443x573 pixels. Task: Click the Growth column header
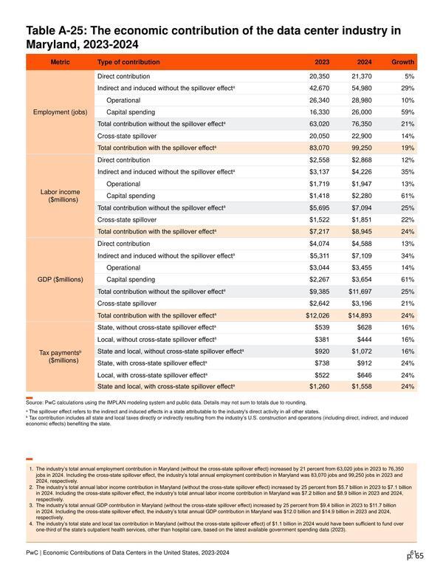(403, 62)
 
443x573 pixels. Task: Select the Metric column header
(60, 62)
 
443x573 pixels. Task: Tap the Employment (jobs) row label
(61, 112)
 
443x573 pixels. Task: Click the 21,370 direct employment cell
(362, 76)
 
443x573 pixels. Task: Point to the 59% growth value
(408, 112)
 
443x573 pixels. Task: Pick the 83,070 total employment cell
(319, 148)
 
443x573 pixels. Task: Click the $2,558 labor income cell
(319, 160)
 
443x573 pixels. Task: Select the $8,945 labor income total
(362, 232)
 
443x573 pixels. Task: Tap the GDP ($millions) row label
(61, 280)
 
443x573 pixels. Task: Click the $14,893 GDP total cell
(360, 315)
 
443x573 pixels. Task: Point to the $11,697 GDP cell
(360, 292)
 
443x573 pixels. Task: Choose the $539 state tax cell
(322, 327)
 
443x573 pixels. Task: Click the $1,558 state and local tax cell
(362, 387)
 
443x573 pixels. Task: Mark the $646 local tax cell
(365, 375)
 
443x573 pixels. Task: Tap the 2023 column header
(322, 62)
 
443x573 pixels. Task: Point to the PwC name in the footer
(32, 553)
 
